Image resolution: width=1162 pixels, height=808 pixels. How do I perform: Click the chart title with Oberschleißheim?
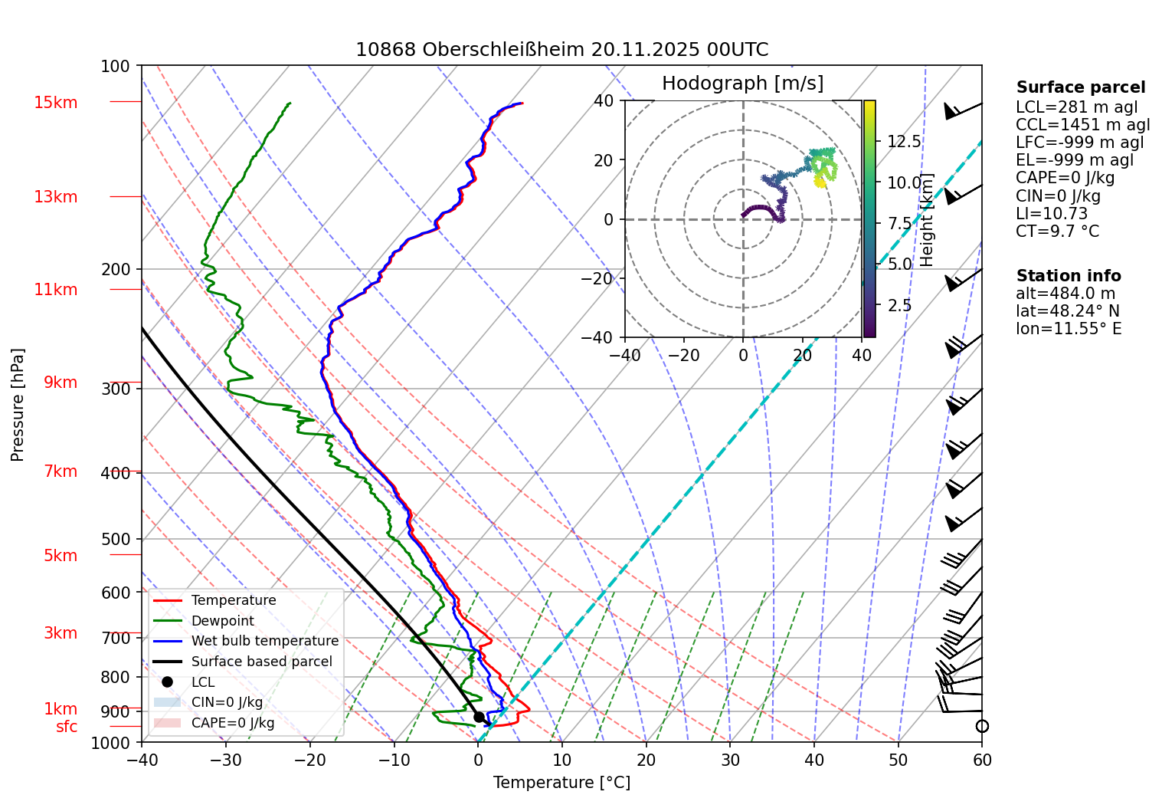pyautogui.click(x=561, y=50)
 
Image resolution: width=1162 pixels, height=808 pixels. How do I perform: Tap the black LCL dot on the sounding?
pyautogui.click(x=479, y=717)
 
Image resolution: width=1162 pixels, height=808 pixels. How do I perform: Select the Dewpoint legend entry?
pyautogui.click(x=222, y=621)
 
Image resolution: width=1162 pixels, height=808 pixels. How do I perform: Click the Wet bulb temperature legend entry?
pyautogui.click(x=264, y=641)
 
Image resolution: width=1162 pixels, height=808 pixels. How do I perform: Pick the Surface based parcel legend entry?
pyautogui.click(x=261, y=662)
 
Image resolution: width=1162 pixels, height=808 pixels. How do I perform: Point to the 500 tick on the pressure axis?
pyautogui.click(x=116, y=539)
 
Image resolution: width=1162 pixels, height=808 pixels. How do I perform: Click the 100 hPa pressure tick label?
pyautogui.click(x=116, y=67)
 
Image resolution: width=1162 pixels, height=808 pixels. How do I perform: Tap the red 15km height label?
pyautogui.click(x=55, y=103)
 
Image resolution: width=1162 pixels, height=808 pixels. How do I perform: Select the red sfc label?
pyautogui.click(x=67, y=727)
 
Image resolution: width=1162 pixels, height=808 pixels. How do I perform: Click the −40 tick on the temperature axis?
pyautogui.click(x=142, y=760)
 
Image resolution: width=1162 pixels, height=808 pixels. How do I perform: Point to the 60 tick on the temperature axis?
pyautogui.click(x=982, y=760)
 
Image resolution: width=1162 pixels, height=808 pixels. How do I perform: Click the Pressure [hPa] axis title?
pyautogui.click(x=18, y=405)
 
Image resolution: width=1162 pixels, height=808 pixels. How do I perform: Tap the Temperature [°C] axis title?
pyautogui.click(x=561, y=783)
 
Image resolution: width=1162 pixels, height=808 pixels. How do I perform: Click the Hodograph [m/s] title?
pyautogui.click(x=742, y=84)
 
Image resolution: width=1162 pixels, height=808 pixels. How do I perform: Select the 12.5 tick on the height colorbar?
pyautogui.click(x=904, y=141)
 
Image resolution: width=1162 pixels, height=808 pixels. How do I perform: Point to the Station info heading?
pyautogui.click(x=1069, y=276)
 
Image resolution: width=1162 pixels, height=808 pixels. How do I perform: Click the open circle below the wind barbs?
pyautogui.click(x=982, y=726)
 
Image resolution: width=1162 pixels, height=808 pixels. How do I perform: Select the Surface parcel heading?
pyautogui.click(x=1081, y=87)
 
